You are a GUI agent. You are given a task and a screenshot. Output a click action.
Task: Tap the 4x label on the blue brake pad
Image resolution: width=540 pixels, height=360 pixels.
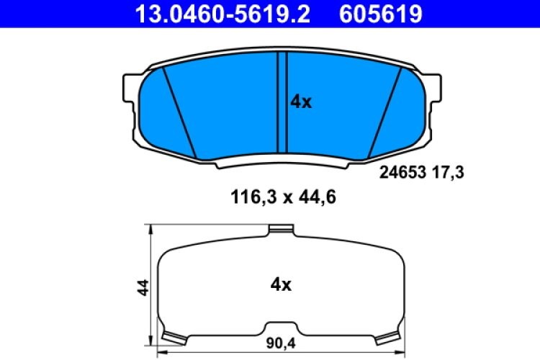[300, 102]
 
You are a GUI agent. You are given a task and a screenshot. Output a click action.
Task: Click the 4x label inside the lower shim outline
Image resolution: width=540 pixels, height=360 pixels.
[280, 285]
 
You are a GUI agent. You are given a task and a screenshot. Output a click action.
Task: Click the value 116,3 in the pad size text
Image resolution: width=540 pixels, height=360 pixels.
[249, 195]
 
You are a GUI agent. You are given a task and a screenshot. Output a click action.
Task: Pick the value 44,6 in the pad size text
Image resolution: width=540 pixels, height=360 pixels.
[316, 195]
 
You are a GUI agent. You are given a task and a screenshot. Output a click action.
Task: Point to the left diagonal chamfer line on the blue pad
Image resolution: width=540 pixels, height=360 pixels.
[179, 112]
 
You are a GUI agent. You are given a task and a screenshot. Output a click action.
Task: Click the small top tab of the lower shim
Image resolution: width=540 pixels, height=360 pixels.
[281, 230]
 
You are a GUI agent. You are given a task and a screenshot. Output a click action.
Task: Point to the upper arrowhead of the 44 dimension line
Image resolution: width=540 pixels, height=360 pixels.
[150, 230]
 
